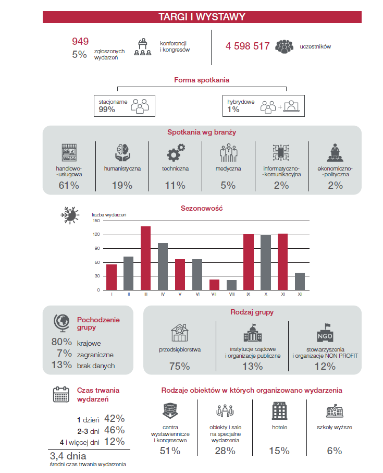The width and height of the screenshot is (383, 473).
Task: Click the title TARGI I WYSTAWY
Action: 202,17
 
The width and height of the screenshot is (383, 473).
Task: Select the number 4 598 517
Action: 247,46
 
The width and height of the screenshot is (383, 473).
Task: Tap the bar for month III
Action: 146,258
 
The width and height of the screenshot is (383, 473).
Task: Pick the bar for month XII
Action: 300,281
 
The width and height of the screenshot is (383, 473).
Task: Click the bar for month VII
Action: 214,284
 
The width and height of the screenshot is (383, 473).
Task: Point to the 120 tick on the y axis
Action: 96,235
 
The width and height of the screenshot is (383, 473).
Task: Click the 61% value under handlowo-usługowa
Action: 69,185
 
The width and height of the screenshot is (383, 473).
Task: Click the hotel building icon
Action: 279,410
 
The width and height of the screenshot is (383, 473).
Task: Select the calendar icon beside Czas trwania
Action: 61,394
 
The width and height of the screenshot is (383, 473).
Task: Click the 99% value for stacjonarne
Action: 106,110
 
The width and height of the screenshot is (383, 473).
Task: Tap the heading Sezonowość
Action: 202,208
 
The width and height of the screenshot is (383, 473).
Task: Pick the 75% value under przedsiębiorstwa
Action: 179,366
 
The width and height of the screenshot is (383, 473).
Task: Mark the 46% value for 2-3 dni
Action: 115,430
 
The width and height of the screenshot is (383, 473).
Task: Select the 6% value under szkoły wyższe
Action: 334,451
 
